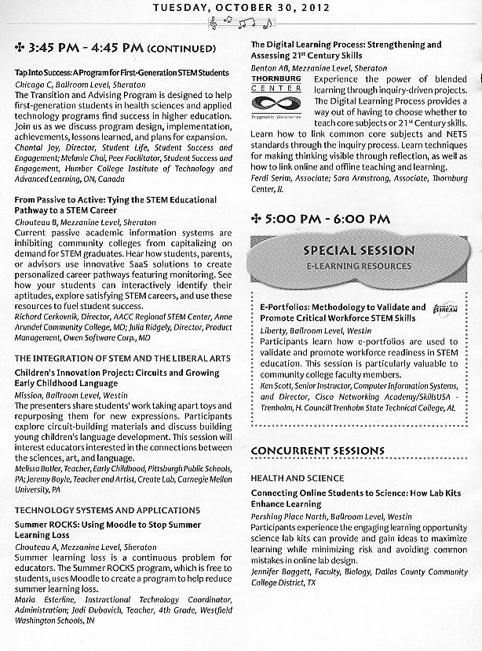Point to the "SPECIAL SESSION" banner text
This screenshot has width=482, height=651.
359,251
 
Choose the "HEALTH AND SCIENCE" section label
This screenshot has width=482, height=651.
297,478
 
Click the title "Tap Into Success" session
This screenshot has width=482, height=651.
121,72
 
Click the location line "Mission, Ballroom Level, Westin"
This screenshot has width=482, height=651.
76,397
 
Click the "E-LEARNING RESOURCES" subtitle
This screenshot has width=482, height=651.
359,267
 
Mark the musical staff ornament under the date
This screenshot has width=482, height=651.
240,24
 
